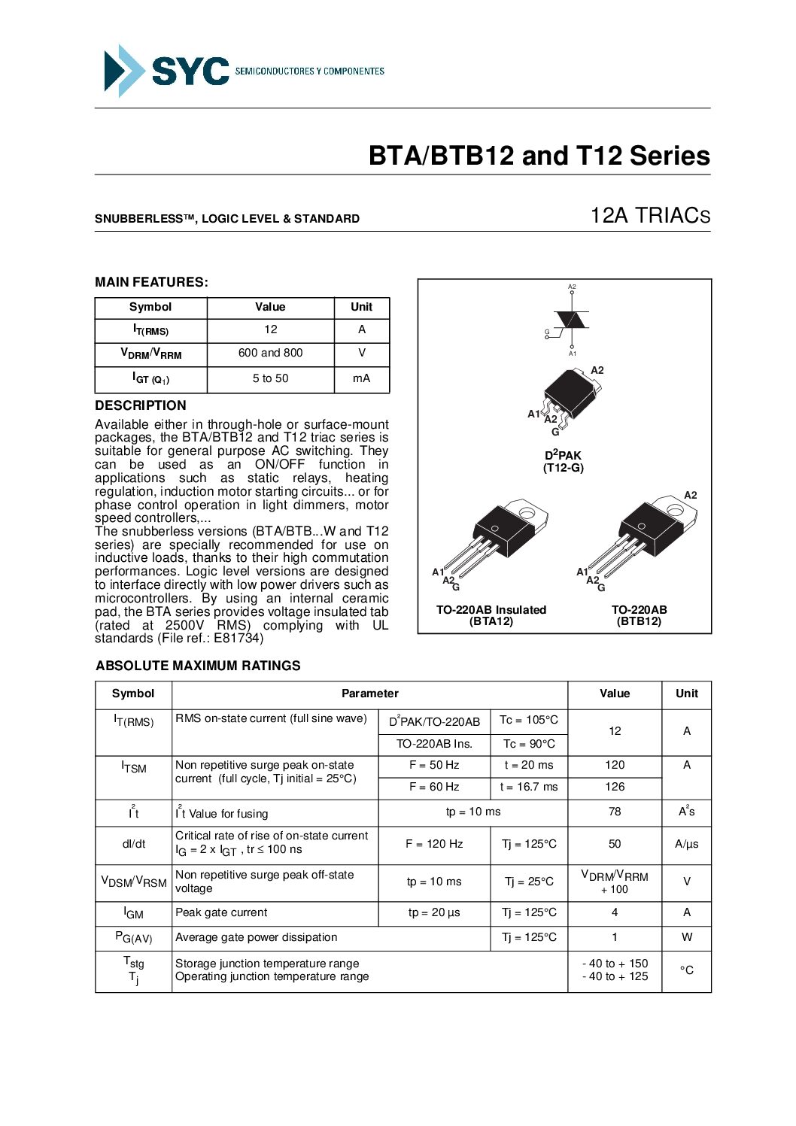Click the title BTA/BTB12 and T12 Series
tap(539, 156)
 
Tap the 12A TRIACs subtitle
tap(649, 216)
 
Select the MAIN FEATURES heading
tap(151, 282)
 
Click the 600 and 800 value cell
tap(270, 353)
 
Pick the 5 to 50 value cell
tap(270, 378)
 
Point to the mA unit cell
tap(361, 378)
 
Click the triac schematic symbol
tap(572, 320)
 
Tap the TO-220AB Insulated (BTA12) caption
tap(491, 615)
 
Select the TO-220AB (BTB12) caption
tap(639, 615)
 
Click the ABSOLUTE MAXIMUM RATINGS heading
tap(198, 666)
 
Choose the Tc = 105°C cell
tap(529, 720)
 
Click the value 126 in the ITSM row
tap(615, 787)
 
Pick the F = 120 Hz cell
tap(434, 844)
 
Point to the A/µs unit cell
tap(686, 844)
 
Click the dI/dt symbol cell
tap(134, 844)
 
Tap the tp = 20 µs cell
tap(434, 912)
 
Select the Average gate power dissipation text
tap(256, 937)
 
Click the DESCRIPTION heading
tap(140, 405)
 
